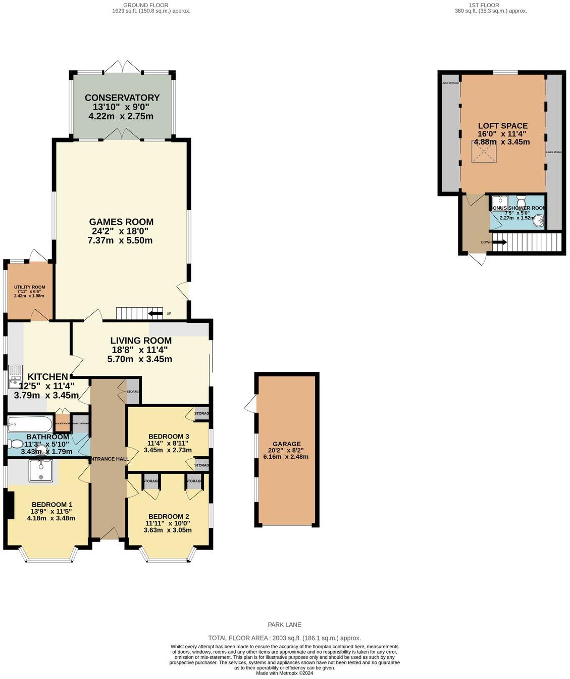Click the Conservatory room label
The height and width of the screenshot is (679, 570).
click(122, 98)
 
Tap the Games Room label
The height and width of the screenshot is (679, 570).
click(121, 222)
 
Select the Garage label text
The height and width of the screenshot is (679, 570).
click(286, 444)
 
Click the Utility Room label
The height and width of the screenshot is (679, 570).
click(29, 287)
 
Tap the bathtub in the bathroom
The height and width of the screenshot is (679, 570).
click(30, 423)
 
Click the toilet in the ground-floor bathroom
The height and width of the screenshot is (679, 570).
click(15, 444)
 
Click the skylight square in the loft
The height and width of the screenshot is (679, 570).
click(484, 152)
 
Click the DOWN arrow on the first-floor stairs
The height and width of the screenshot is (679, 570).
click(499, 242)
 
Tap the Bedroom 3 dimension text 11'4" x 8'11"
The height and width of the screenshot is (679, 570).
click(168, 444)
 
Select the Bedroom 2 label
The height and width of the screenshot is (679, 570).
click(168, 516)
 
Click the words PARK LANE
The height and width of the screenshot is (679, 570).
click(285, 625)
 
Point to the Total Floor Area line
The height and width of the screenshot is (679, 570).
click(285, 638)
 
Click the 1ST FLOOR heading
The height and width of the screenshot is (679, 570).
click(484, 5)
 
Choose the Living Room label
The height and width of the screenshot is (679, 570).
click(141, 341)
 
